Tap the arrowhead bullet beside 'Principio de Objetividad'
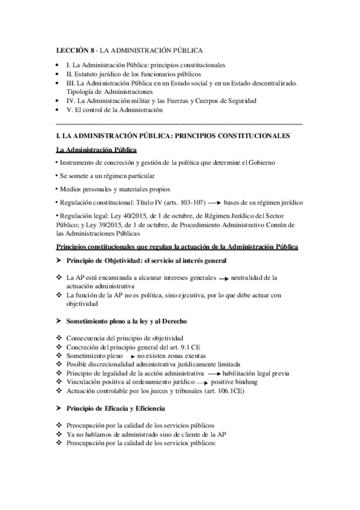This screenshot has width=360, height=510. click(59, 260)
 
